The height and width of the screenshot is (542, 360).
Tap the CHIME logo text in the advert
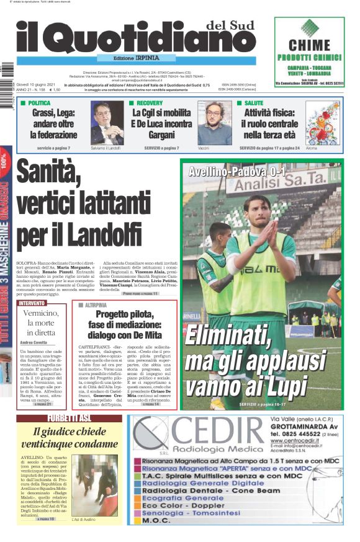click(x=309, y=45)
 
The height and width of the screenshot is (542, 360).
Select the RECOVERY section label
click(x=149, y=102)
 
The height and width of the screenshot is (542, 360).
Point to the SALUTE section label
click(x=253, y=102)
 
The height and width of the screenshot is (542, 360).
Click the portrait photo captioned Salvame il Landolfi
click(x=106, y=122)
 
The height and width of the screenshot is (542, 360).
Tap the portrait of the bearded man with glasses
click(x=214, y=122)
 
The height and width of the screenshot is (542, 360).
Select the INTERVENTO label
click(x=32, y=303)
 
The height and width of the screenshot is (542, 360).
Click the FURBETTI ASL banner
click(x=69, y=418)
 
